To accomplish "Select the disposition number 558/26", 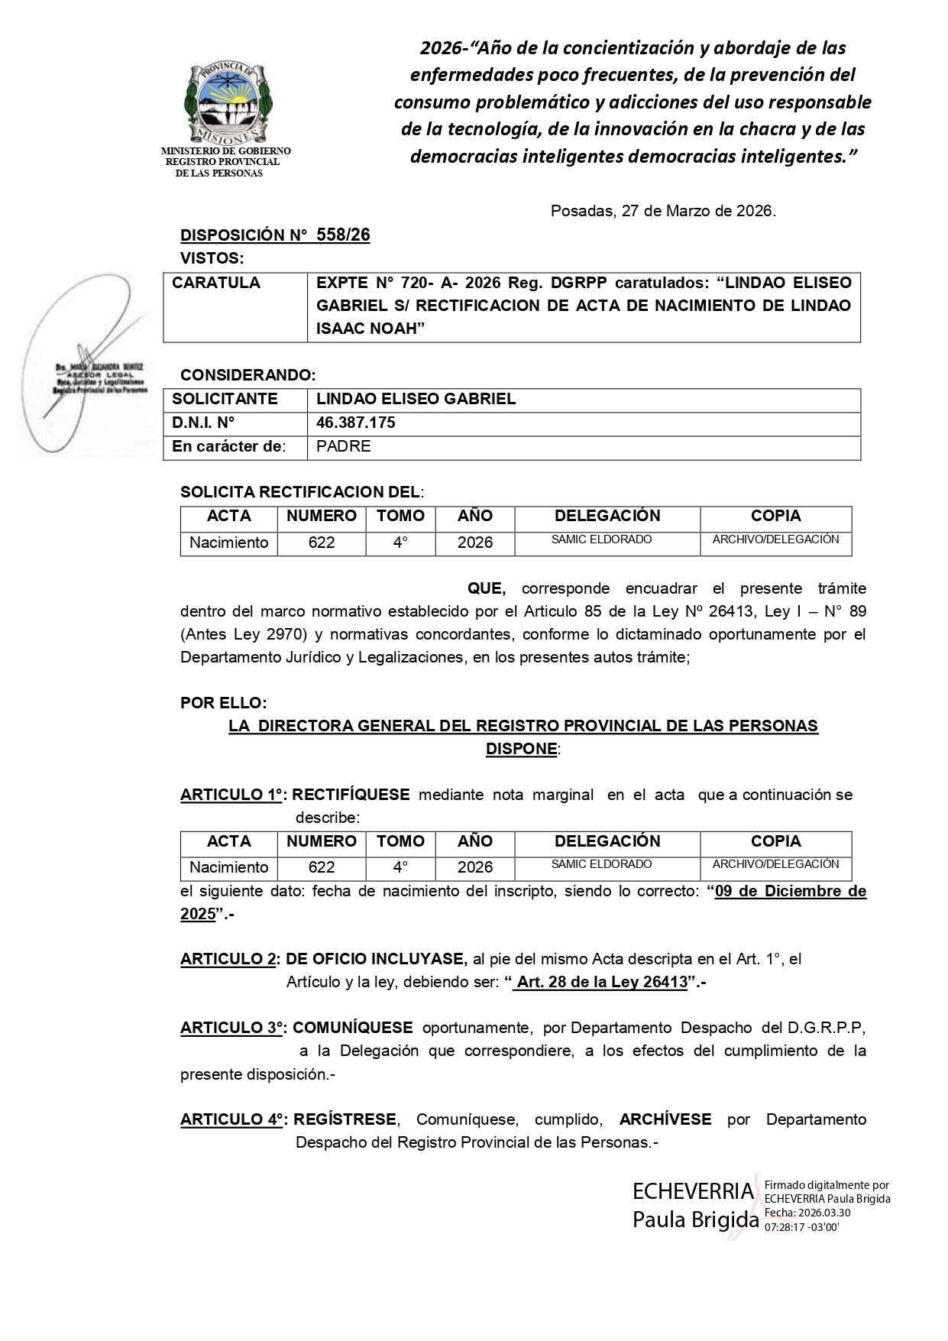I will tap(343, 235).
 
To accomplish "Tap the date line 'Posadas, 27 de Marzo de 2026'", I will tap(663, 211).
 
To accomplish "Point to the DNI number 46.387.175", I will tap(356, 423).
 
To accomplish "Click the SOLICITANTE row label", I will tap(225, 399).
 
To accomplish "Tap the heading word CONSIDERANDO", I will tap(248, 375).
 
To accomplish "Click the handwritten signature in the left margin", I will tap(92, 359).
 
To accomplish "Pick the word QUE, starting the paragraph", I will tap(487, 588).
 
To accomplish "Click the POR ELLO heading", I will tap(223, 702).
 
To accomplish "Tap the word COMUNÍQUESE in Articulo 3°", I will tap(353, 1028).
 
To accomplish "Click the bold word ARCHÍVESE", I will tap(665, 1119).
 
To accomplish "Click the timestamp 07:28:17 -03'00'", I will tap(801, 1227).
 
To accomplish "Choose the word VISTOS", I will tap(212, 258).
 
